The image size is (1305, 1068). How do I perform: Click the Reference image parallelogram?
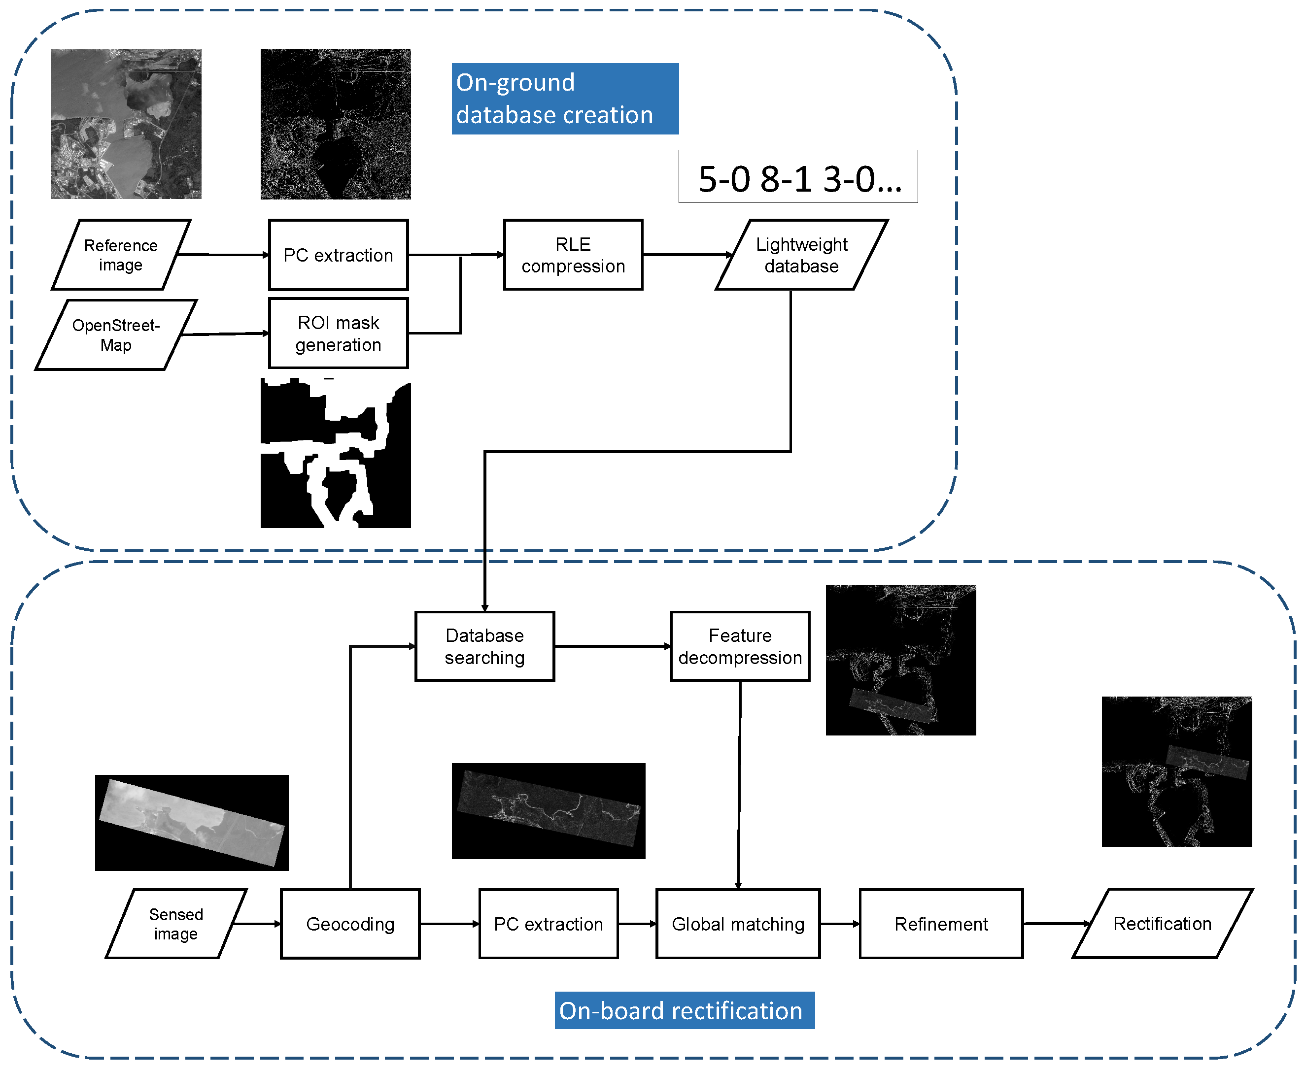pos(121,255)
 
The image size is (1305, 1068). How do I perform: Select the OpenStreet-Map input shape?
pos(116,334)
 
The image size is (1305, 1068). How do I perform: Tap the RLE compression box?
pos(573,255)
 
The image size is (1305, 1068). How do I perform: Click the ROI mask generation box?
pos(338,334)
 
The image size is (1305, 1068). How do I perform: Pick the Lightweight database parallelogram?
pos(801,255)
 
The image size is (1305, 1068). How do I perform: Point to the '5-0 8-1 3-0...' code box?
pos(798,176)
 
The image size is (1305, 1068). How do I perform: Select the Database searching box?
pos(484,646)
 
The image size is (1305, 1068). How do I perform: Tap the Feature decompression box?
pos(739,646)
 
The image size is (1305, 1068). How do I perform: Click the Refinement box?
pos(941,924)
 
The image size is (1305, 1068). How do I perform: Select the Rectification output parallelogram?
pos(1162,924)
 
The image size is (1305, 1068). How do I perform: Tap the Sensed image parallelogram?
pos(175,924)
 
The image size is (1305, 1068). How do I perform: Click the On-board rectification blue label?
pos(684,1011)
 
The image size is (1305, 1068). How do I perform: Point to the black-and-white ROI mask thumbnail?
pos(336,453)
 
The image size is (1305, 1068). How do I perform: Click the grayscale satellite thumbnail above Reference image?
pos(126,124)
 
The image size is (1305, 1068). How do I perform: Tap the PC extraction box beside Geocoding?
pos(548,924)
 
